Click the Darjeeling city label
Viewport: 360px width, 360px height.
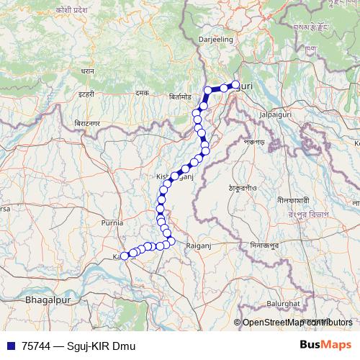214,41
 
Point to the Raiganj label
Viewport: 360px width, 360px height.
197,245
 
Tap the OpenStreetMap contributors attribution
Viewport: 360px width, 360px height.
295,323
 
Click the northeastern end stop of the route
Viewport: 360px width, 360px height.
235,85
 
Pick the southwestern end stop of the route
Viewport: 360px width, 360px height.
124,256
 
